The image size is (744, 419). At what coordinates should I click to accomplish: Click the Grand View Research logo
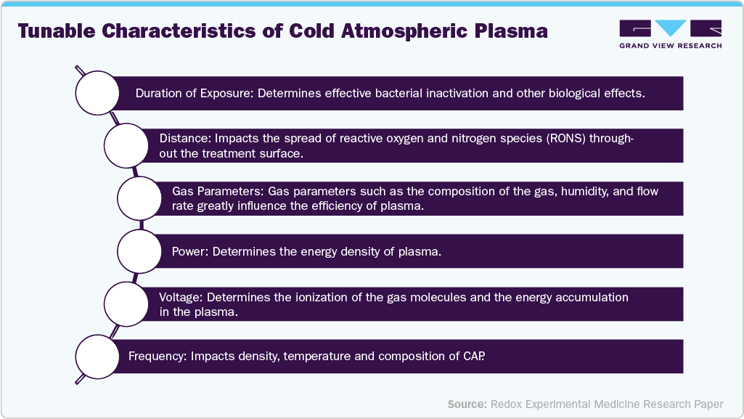coord(670,34)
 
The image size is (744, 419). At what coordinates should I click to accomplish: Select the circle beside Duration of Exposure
coord(98,93)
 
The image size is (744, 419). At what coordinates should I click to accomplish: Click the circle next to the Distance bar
coord(126,145)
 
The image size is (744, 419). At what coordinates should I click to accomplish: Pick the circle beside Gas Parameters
coord(139,198)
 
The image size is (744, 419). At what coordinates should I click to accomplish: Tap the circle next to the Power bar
coord(139,251)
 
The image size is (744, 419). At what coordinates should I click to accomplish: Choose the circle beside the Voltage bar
coord(126,304)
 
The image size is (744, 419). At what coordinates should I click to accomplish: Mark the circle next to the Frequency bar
coord(98,357)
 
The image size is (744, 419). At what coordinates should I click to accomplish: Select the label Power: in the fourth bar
coord(191,251)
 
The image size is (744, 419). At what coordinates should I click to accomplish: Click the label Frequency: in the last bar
coord(158,357)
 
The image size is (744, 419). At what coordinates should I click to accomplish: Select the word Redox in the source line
coord(507,403)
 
